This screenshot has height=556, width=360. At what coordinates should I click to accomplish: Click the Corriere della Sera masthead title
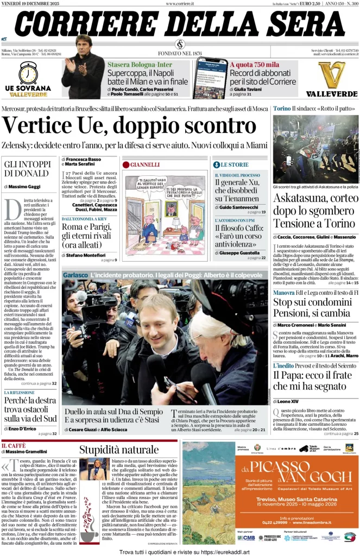(x=179, y=23)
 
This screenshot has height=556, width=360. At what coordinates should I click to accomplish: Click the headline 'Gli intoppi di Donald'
(x=27, y=168)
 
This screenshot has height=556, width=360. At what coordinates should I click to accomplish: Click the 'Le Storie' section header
(x=235, y=164)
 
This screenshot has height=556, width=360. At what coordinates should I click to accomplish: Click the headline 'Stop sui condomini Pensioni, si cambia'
(x=315, y=307)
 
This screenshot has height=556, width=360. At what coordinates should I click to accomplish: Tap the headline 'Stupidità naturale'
(x=119, y=449)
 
